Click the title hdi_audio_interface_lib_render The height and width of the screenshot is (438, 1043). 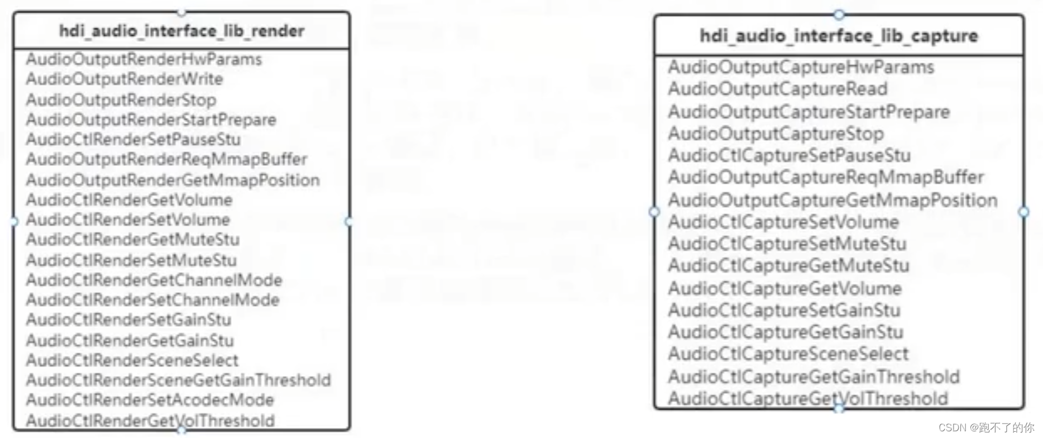[181, 31]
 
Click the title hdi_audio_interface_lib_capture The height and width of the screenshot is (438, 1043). [839, 36]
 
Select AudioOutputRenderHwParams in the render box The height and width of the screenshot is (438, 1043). [143, 59]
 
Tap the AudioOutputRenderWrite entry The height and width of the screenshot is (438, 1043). [124, 79]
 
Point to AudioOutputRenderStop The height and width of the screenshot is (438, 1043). [121, 100]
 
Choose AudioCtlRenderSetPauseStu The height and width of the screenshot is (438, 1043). [133, 139]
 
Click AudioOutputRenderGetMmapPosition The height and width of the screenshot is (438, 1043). [173, 180]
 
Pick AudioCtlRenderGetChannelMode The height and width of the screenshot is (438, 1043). [154, 280]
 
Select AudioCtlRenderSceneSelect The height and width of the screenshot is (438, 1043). [132, 360]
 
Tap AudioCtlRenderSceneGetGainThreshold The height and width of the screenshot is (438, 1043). [178, 380]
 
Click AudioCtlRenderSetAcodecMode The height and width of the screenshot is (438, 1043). [150, 400]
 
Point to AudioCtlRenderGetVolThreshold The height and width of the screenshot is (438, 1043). [150, 420]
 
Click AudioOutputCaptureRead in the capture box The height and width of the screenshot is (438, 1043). [777, 89]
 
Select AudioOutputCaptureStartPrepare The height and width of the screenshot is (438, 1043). [808, 112]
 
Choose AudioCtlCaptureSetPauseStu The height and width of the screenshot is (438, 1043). [789, 155]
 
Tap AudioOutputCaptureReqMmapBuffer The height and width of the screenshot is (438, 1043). [826, 177]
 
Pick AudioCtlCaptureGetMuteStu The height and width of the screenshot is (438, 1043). [788, 265]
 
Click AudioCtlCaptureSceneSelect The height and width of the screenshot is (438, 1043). [788, 354]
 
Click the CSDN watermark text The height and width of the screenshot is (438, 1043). [986, 428]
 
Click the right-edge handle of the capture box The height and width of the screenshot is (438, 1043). [1023, 212]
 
